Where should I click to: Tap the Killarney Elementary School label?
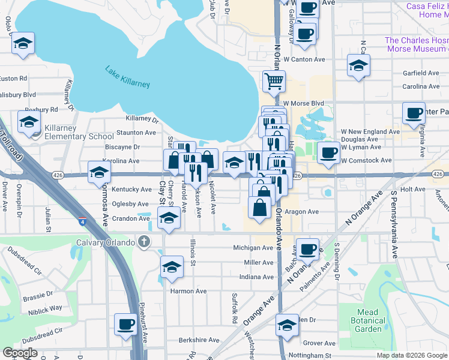point(76,136)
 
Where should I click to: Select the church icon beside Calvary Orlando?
point(143,242)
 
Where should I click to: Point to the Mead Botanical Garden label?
point(368,320)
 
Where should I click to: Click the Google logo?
point(20,353)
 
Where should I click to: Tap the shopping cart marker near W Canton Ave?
point(274,81)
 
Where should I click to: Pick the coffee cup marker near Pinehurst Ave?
point(126,324)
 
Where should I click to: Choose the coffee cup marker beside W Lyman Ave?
point(328,152)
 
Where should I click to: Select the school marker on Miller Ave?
point(172,266)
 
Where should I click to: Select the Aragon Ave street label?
point(301,212)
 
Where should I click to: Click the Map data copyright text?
point(412,355)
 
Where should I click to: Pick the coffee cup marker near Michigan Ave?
point(307,248)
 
